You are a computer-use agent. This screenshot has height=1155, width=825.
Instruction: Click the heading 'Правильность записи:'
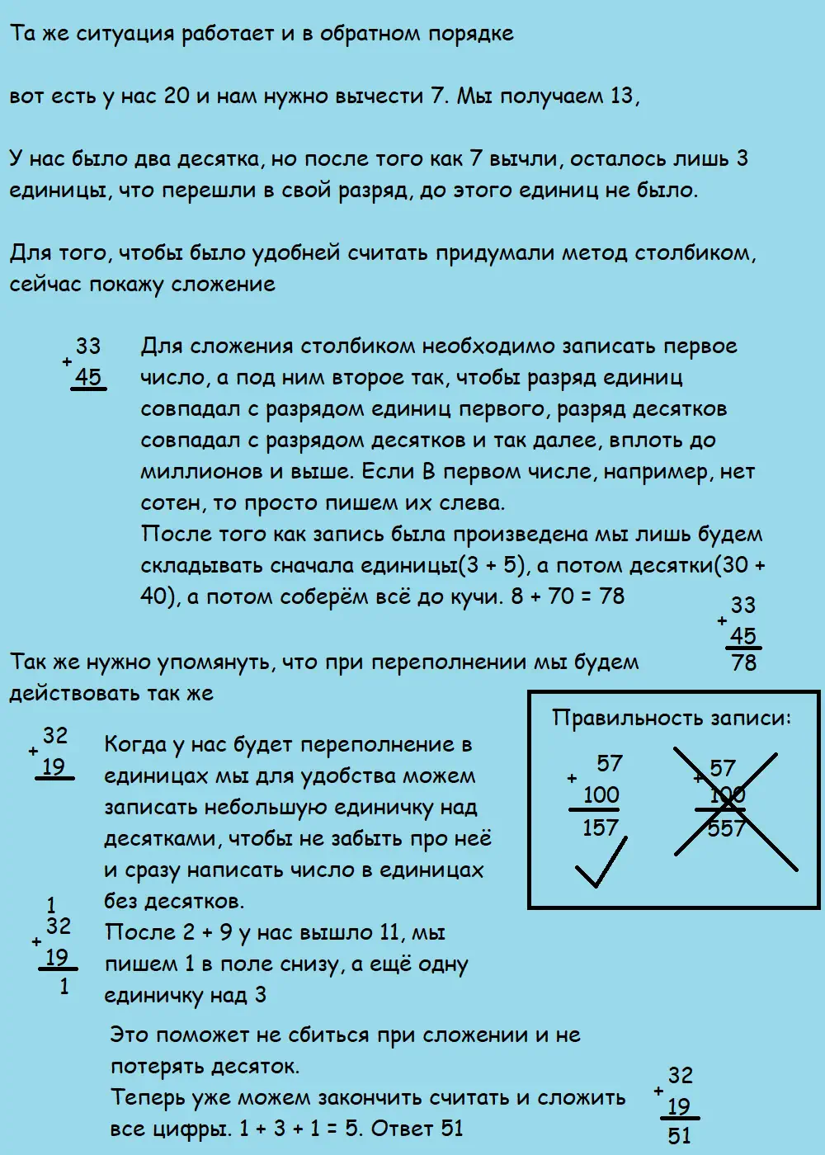pos(671,718)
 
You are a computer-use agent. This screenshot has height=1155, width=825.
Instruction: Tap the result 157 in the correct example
pos(601,827)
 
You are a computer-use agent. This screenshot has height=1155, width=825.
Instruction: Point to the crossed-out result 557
pos(726,827)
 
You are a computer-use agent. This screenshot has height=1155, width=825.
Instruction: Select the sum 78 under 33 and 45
pos(743,662)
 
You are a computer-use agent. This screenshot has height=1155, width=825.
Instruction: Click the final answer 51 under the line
pos(679,1136)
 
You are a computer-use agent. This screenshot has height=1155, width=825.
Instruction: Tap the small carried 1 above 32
pos(51,905)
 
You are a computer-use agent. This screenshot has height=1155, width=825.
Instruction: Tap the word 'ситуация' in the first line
pos(125,34)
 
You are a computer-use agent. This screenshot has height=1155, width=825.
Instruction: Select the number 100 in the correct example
pos(601,795)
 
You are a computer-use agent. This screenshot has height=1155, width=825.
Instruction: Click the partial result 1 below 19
pos(64,985)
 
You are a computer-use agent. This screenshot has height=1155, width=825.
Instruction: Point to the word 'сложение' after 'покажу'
pos(223,285)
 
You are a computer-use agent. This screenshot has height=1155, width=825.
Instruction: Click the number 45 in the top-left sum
pos(87,377)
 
